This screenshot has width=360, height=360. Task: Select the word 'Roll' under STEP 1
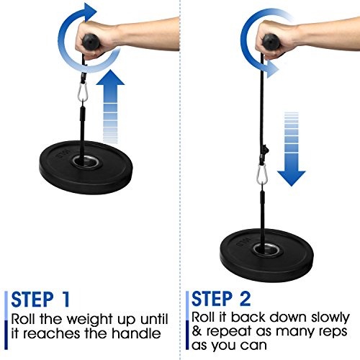(x=27, y=317)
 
